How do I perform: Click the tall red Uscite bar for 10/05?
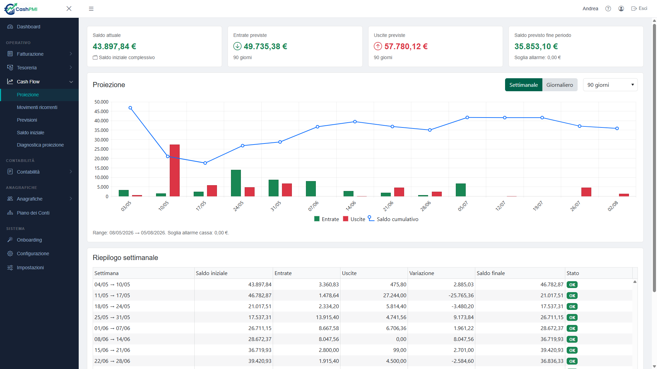[175, 170]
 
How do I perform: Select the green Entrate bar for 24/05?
[236, 183]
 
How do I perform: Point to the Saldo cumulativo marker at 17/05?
[205, 163]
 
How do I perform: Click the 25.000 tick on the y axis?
[101, 149]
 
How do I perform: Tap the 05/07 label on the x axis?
[463, 206]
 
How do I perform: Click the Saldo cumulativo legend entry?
[393, 219]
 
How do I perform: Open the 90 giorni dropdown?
[610, 85]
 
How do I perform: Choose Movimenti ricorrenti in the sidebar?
[37, 107]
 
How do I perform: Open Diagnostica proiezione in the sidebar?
[40, 145]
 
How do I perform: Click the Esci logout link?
[639, 9]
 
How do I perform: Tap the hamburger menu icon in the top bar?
[91, 9]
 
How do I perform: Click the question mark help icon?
[608, 9]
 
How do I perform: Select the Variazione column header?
[422, 273]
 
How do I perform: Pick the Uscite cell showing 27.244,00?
[395, 296]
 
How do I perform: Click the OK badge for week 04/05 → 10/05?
[572, 285]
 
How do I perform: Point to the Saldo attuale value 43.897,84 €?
[114, 46]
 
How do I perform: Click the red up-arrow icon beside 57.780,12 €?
[378, 46]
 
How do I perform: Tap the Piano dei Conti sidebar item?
[33, 213]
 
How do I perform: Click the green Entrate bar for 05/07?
[461, 190]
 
